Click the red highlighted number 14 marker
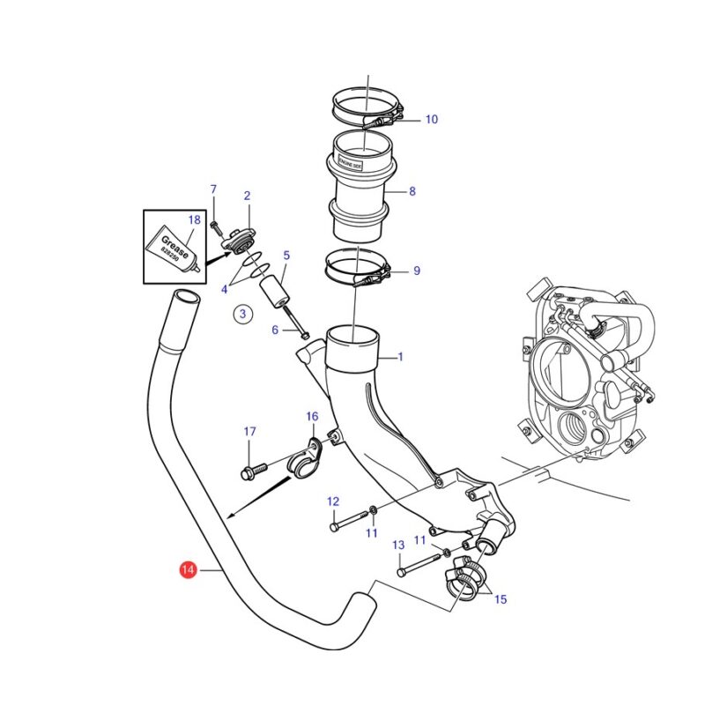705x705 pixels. tap(187, 571)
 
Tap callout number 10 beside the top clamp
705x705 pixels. tap(431, 119)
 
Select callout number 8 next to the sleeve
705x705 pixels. tap(412, 190)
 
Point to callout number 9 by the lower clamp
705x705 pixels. tap(416, 271)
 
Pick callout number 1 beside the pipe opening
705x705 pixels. tap(400, 357)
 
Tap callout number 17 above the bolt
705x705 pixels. tap(249, 432)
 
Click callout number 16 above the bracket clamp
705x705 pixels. tap(312, 416)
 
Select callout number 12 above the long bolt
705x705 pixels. tap(333, 501)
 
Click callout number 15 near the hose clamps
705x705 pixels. tap(500, 599)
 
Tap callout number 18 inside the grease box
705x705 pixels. tap(195, 219)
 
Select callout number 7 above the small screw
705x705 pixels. tap(212, 189)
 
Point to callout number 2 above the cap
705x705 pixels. tap(247, 196)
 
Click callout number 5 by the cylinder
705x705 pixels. tap(286, 256)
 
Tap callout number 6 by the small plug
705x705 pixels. tap(275, 330)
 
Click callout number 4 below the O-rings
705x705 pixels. tap(225, 288)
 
